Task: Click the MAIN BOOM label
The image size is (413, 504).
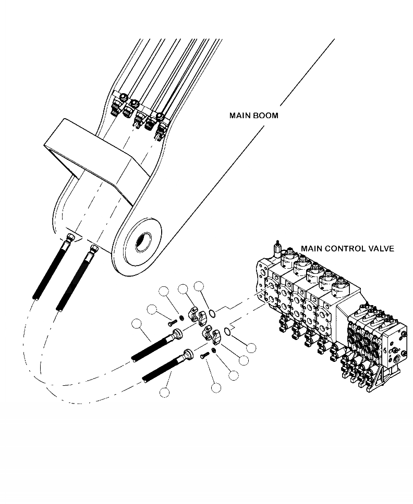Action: click(x=253, y=115)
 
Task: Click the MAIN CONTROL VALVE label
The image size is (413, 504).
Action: click(x=347, y=248)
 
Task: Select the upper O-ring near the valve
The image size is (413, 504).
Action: click(x=211, y=312)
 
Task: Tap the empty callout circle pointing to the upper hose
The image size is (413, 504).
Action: click(x=138, y=324)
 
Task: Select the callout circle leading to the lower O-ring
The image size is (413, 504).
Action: click(x=251, y=348)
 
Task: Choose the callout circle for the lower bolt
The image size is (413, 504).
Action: click(x=216, y=387)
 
